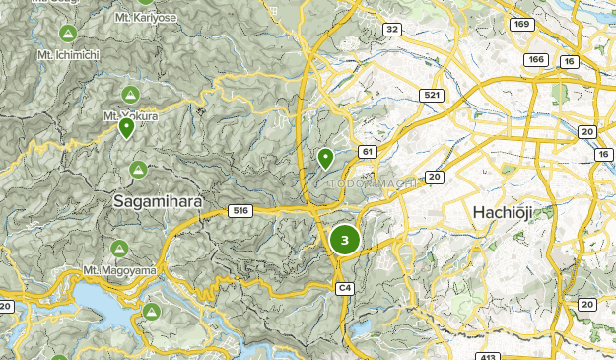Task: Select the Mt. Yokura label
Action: (131, 115)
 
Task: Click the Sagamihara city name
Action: (158, 200)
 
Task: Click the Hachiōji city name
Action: (509, 212)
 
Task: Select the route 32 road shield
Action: (392, 30)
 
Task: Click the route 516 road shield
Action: (239, 210)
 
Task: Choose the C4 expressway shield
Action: (344, 287)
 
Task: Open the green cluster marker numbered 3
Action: (344, 239)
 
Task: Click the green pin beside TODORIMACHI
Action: (325, 158)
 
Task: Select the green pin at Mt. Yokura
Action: (126, 128)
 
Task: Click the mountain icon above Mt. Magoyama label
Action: (119, 249)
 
